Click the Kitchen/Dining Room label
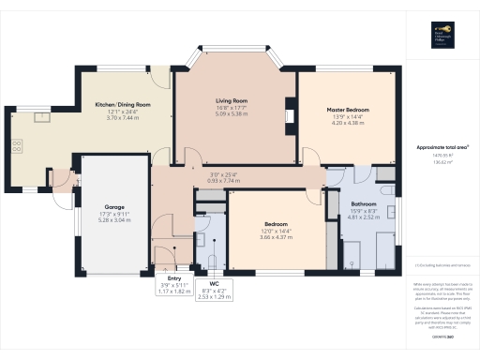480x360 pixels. tap(123, 104)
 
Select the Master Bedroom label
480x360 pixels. tap(348, 110)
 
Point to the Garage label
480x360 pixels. tap(114, 206)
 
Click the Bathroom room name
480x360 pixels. tap(364, 203)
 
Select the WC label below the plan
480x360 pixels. tap(215, 282)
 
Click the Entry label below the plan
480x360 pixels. tap(173, 278)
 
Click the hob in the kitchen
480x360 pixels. tap(16, 147)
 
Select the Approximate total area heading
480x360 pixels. tap(442, 147)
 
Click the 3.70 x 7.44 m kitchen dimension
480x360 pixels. tap(123, 117)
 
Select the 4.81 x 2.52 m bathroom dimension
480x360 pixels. tap(364, 217)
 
